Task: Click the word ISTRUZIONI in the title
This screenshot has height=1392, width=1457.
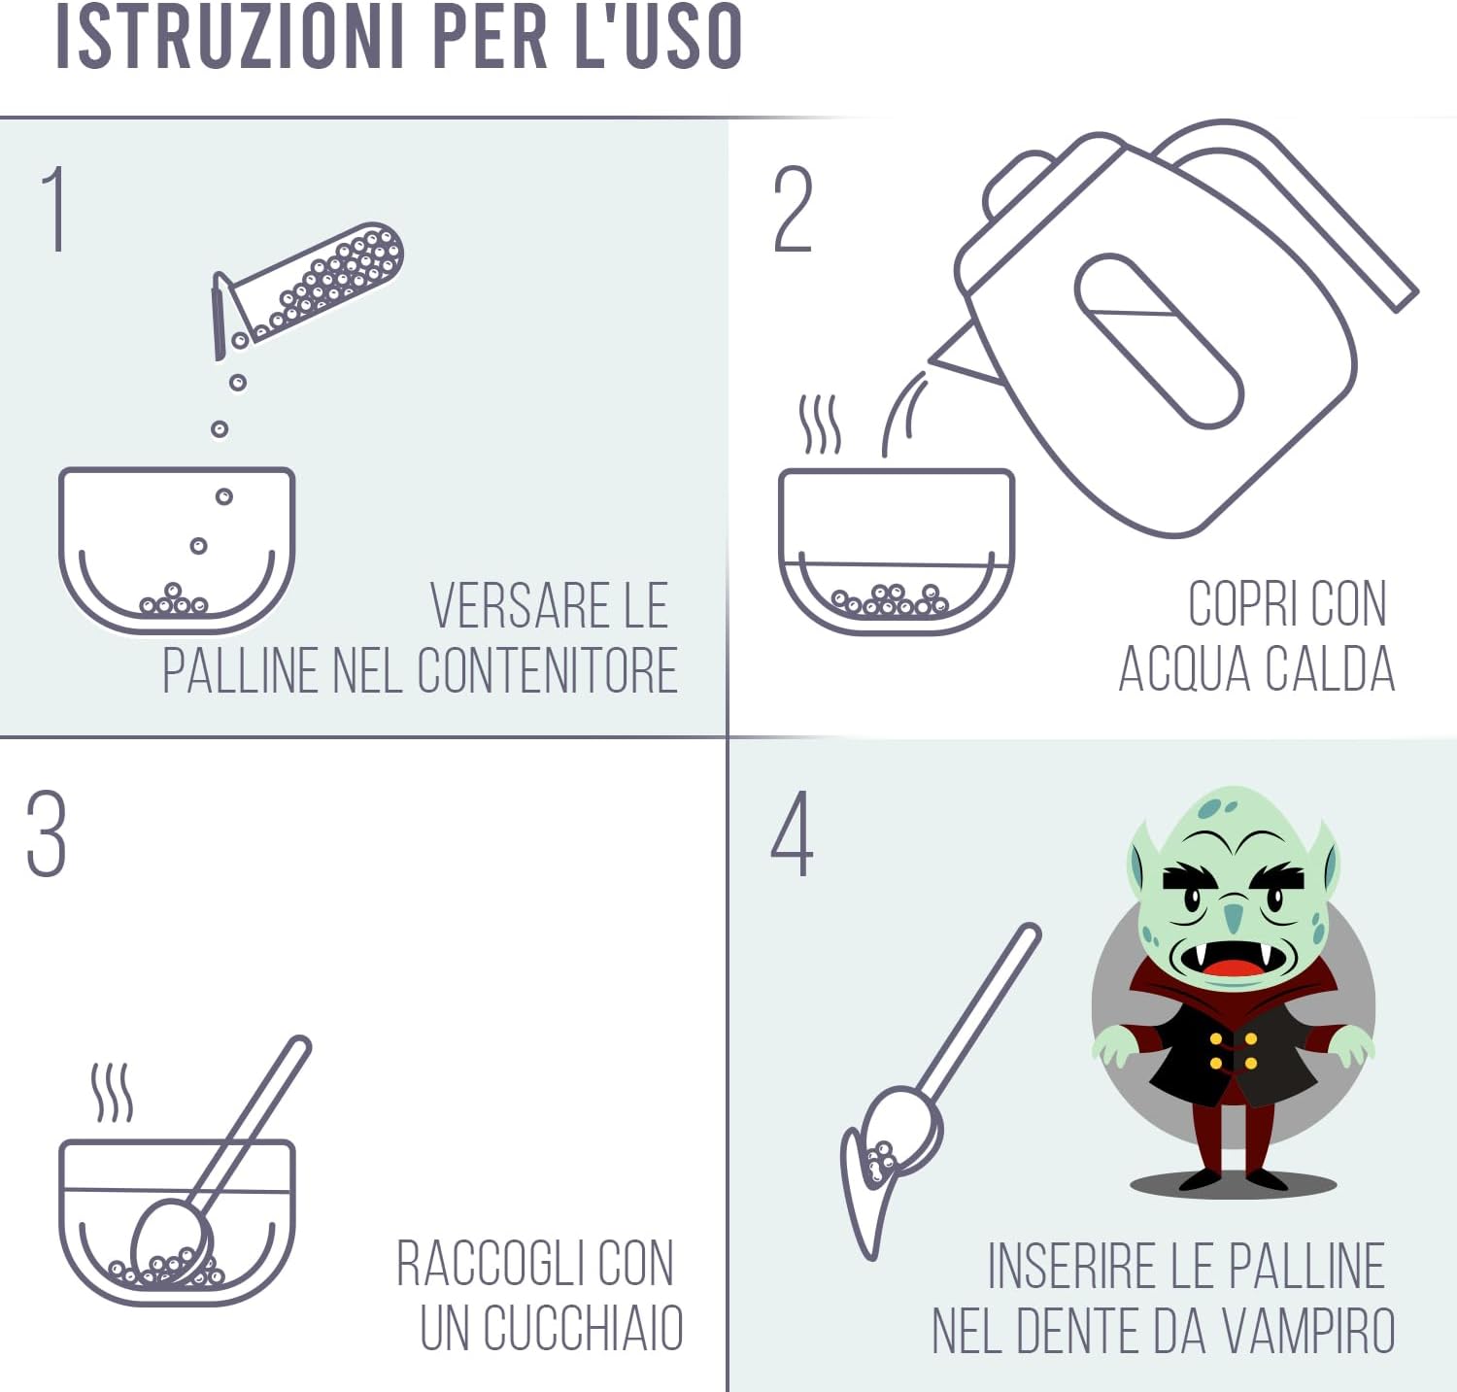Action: click(x=229, y=36)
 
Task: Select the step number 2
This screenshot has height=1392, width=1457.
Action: click(x=793, y=208)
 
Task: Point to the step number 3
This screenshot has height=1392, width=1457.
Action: click(x=47, y=832)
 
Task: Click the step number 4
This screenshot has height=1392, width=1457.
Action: click(x=793, y=832)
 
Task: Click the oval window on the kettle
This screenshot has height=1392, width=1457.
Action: click(x=1158, y=340)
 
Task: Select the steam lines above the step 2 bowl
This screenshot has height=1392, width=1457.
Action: click(x=819, y=424)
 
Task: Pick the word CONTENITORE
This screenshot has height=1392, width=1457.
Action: click(x=548, y=670)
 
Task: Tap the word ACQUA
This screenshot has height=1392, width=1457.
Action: click(x=1183, y=669)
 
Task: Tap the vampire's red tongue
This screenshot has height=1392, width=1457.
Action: click(x=1230, y=968)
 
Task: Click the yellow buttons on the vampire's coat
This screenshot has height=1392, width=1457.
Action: click(x=1233, y=1050)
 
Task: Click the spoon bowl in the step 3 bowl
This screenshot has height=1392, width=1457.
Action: click(x=171, y=1242)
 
